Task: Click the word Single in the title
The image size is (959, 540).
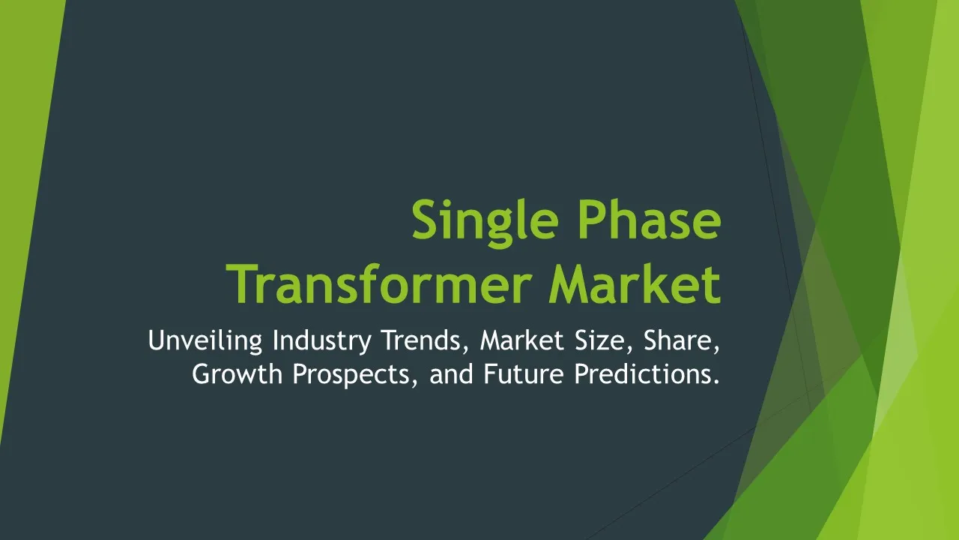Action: (485, 223)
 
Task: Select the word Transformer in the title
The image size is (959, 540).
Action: (379, 283)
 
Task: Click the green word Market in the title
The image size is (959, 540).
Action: (635, 283)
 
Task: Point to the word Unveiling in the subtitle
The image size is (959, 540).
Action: (205, 341)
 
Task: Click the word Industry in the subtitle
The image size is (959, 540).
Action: (321, 341)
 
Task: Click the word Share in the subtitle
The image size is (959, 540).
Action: (678, 340)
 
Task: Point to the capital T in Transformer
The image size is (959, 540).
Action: (241, 284)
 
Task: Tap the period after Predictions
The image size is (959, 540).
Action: (715, 382)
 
